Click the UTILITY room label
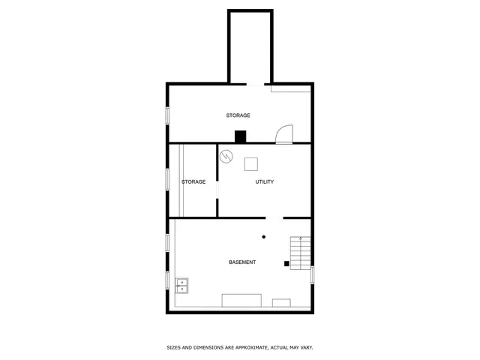point(265,182)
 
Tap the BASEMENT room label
point(242,262)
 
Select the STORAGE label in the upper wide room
point(238,115)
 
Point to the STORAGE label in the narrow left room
point(193,182)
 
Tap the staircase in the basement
point(301,253)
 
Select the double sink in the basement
point(182,285)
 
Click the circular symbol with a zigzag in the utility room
point(226,156)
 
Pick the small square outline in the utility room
point(251,163)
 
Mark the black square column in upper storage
point(241,136)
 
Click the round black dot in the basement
point(263,237)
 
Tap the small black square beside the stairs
point(286,263)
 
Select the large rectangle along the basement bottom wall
point(241,301)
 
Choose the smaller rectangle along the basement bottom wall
point(281,303)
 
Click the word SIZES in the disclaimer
point(173,348)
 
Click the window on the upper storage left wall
point(167,115)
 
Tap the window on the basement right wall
point(312,274)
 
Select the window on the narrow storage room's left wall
point(167,180)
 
